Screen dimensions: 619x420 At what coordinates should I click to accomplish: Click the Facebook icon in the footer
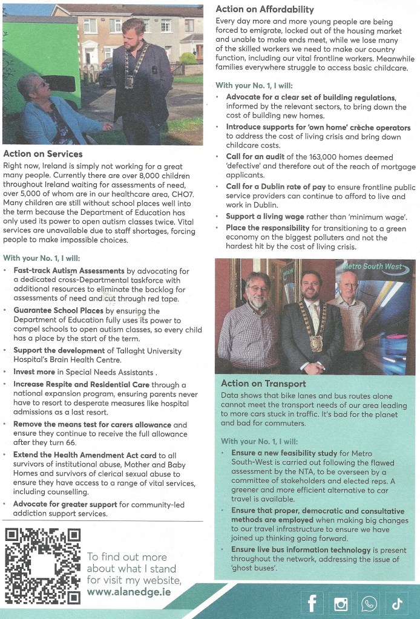(x=312, y=603)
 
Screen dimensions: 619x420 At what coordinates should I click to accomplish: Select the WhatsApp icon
(x=369, y=603)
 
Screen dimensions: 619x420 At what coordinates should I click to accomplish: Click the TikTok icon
(x=397, y=603)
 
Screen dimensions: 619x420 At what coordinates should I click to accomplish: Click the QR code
(x=42, y=566)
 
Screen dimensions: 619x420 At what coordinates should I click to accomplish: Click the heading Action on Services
(x=43, y=154)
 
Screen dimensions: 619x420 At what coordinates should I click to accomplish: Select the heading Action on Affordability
(x=265, y=9)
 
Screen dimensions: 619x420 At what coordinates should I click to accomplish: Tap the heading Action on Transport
(x=263, y=383)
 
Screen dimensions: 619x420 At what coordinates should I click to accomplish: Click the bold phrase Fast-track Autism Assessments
(x=69, y=270)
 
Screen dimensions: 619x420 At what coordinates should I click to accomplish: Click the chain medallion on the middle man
(x=316, y=343)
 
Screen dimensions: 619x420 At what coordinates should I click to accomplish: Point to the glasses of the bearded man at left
(x=257, y=288)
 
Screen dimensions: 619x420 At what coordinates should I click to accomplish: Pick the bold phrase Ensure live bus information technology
(x=301, y=549)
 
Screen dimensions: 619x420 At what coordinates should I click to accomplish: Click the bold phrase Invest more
(x=33, y=372)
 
